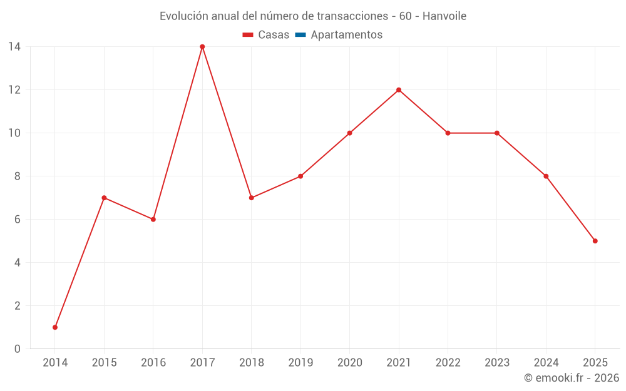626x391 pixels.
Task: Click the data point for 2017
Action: click(202, 47)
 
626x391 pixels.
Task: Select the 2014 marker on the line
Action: click(55, 327)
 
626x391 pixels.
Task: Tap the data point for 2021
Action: click(399, 90)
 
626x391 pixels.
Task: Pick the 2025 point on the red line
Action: click(595, 241)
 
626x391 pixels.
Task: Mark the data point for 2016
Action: click(153, 220)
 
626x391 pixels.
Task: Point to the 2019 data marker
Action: click(300, 176)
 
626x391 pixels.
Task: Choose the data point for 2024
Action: click(546, 176)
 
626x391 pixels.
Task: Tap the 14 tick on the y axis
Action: click(14, 47)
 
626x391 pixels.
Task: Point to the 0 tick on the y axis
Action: click(17, 349)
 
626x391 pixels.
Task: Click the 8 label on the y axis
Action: click(17, 176)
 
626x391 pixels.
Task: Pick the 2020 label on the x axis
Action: click(349, 363)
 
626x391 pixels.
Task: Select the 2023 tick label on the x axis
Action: click(496, 363)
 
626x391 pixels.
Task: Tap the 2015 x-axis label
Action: click(104, 363)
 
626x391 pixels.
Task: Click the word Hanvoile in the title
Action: click(444, 16)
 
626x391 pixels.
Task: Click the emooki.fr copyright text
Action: click(572, 378)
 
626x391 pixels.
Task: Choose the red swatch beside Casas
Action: click(248, 35)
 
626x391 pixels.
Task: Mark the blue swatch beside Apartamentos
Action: click(300, 35)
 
